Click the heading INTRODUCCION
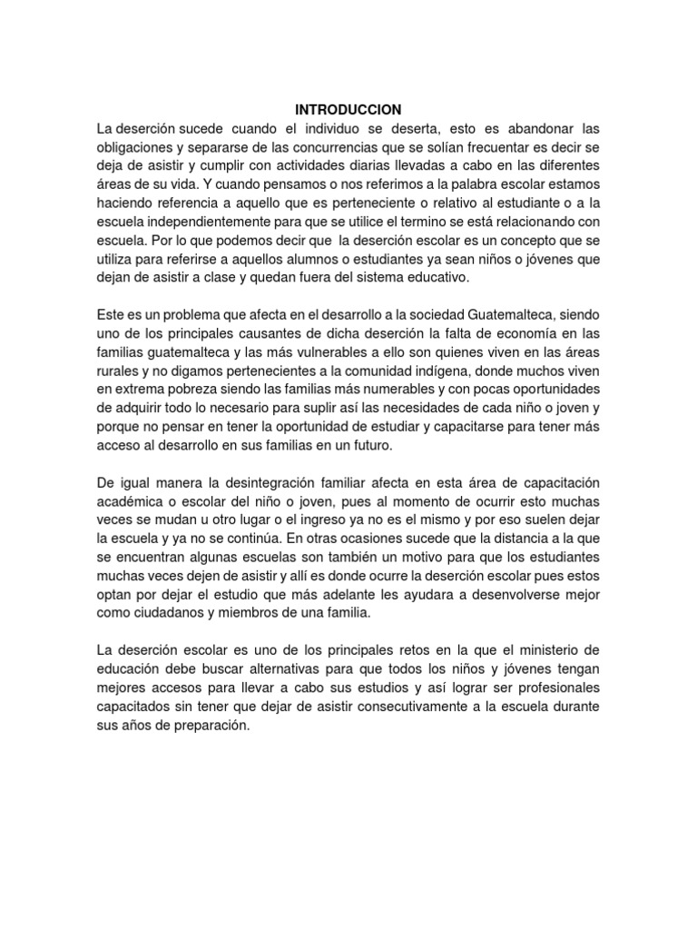pos(348,110)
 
